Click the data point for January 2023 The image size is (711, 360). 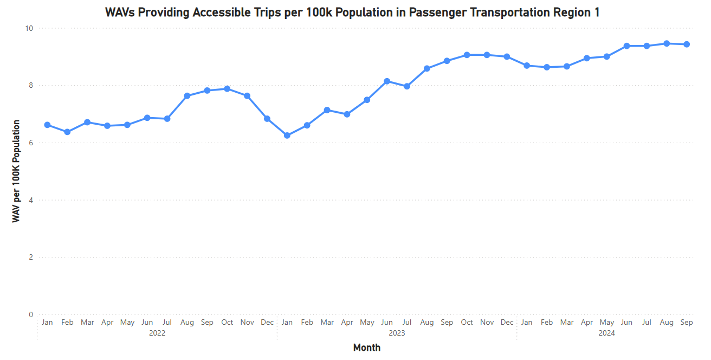tap(287, 136)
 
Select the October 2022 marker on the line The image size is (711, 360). tap(227, 88)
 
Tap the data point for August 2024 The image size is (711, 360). tap(667, 43)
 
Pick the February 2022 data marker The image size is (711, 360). tap(67, 132)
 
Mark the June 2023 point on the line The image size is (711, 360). tap(387, 81)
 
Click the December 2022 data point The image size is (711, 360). tap(267, 119)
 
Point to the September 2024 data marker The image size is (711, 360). tap(687, 44)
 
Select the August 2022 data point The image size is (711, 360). tap(187, 96)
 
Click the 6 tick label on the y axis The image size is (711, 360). tap(31, 143)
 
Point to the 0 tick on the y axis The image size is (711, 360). tap(31, 315)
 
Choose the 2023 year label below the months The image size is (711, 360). tap(397, 333)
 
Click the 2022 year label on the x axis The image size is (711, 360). tap(157, 333)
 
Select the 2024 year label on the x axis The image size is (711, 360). tap(607, 333)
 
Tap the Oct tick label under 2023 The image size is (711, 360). tap(467, 323)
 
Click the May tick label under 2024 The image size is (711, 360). tap(606, 323)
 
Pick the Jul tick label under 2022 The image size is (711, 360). tap(167, 323)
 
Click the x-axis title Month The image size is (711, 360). tap(367, 348)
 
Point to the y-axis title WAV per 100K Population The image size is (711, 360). tap(17, 171)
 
